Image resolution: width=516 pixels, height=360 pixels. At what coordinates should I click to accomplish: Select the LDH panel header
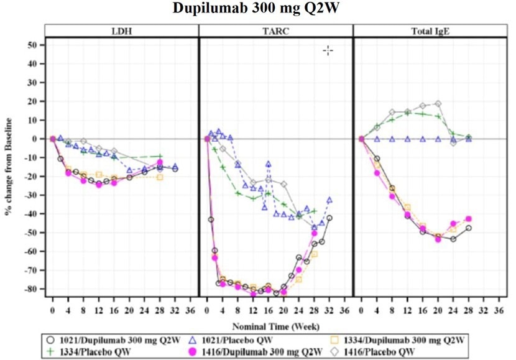coord(122,30)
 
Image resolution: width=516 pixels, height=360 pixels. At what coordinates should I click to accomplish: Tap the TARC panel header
coord(275,30)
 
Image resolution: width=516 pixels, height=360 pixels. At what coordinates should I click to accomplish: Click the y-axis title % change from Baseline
coord(9,165)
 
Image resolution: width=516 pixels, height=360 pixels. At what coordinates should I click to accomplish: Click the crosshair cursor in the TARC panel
coord(328,50)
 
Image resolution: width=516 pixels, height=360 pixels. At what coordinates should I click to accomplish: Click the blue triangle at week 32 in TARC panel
coord(329,200)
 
